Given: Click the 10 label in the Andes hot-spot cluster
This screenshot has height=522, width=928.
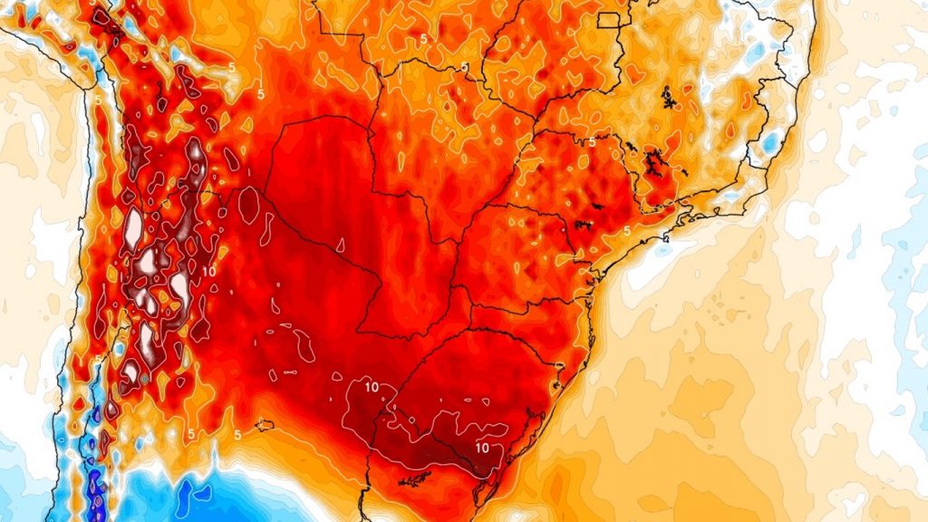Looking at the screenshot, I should pos(208,270).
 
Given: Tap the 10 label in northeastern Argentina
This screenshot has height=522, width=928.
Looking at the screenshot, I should pos(372,387).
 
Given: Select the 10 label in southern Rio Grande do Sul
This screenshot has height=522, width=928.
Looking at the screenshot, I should pos(481,447).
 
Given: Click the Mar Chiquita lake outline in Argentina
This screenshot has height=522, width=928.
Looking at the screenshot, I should pos(265,424).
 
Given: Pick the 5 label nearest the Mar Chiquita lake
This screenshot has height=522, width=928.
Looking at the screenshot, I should pos(237,435).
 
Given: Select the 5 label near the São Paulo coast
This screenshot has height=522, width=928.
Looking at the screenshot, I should pos(626,231).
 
